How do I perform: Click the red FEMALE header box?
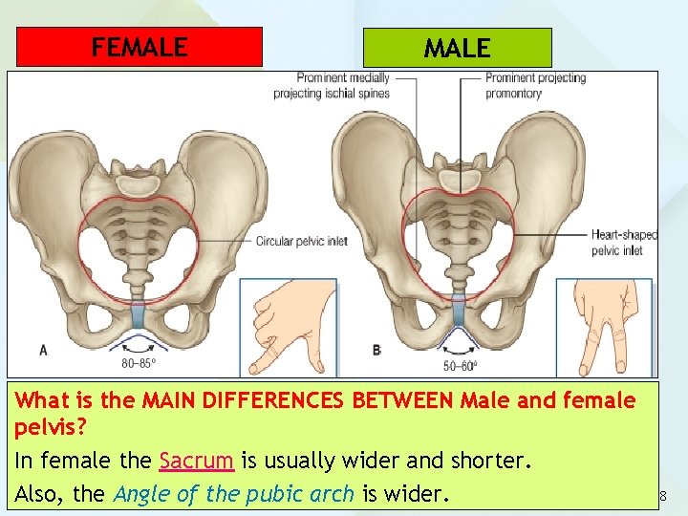pyautogui.click(x=140, y=47)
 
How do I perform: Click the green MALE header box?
pyautogui.click(x=457, y=48)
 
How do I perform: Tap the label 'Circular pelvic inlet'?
pyautogui.click(x=301, y=242)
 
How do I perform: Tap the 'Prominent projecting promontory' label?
pyautogui.click(x=535, y=86)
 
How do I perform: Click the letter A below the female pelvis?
pyautogui.click(x=43, y=351)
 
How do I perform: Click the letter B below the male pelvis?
pyautogui.click(x=377, y=351)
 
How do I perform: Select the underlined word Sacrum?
pyautogui.click(x=196, y=461)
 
